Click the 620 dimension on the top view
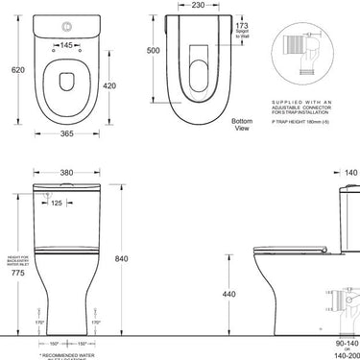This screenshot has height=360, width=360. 12,73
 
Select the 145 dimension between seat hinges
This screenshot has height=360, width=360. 67,45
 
